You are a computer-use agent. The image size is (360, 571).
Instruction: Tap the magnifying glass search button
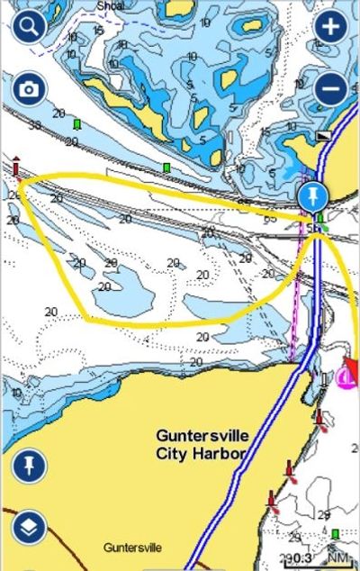coord(29,25)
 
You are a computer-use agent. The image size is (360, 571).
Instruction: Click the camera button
coord(29,89)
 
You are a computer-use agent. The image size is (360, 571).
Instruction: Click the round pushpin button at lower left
coord(29,466)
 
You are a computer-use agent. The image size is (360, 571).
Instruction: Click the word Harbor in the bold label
coord(212,453)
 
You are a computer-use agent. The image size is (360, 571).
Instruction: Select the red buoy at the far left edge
coord(15,167)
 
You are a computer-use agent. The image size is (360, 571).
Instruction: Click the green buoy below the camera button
coord(78,123)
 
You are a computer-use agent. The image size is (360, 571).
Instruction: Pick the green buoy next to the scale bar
coord(335,536)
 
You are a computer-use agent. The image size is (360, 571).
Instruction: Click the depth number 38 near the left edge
coord(34,125)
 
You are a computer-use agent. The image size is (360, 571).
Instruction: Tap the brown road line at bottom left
coord(36,549)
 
